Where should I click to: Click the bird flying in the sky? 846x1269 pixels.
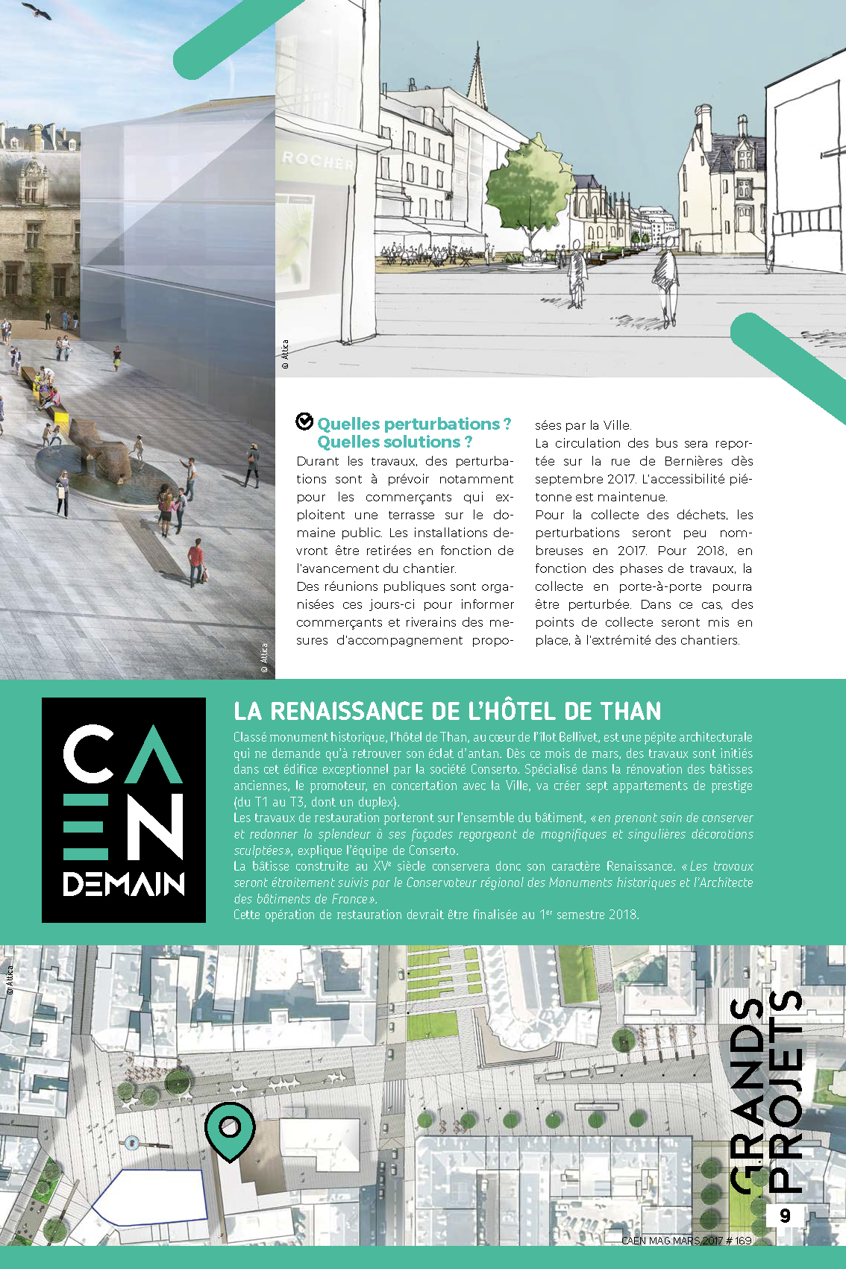click(x=37, y=10)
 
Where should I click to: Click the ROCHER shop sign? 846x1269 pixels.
click(x=317, y=160)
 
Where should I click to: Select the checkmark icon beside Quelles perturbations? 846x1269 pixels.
click(x=304, y=422)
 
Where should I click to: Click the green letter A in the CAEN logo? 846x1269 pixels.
click(x=154, y=755)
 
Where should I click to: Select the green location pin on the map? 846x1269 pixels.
click(x=230, y=1128)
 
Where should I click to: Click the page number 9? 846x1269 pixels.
click(x=785, y=1215)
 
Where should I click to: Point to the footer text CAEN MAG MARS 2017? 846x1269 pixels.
click(x=686, y=1241)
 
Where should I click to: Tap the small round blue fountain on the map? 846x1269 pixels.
click(x=132, y=1141)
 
